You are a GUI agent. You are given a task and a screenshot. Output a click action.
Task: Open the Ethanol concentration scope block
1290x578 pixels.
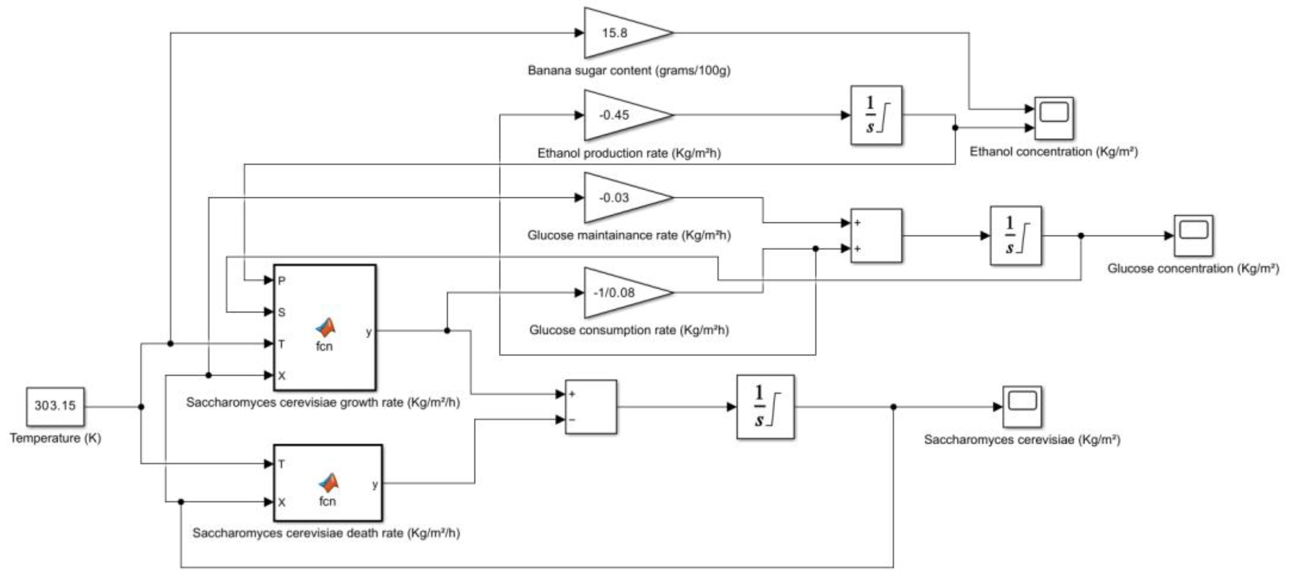(1054, 118)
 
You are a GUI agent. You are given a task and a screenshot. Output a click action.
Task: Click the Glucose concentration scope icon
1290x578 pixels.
(1193, 236)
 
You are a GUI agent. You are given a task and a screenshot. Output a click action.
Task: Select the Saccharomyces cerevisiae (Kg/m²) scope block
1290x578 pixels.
(1022, 407)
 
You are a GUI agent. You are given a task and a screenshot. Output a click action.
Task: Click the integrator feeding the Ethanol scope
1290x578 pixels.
(877, 115)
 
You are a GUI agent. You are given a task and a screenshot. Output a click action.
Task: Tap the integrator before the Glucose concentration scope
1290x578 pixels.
(1016, 236)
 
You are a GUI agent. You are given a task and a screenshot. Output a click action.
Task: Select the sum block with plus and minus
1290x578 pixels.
(591, 407)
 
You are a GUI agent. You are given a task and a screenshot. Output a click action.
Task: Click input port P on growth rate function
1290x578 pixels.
(282, 281)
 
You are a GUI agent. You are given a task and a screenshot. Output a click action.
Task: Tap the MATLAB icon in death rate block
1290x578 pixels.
(328, 483)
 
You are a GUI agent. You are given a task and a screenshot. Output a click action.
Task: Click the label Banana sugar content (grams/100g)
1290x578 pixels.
(629, 71)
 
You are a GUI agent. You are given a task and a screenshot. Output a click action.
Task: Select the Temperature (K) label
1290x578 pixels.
(55, 438)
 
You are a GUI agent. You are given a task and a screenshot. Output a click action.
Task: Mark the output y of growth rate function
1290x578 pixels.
(369, 332)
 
